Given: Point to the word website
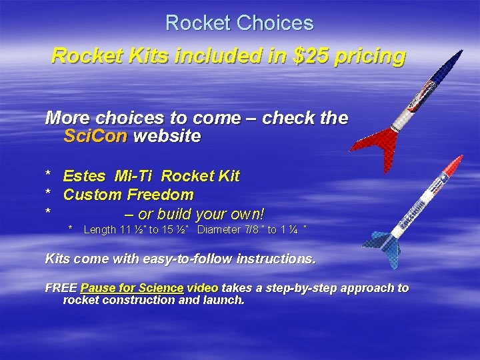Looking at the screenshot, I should tap(167, 137).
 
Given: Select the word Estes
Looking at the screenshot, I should tap(84, 176).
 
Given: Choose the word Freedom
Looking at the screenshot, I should tap(160, 195).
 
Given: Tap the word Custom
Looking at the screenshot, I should tap(93, 195).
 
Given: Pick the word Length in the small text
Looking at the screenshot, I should tap(99, 230).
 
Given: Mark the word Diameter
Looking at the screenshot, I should tap(220, 230).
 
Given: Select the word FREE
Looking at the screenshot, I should tap(60, 288).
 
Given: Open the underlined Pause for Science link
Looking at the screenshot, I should tap(131, 288).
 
